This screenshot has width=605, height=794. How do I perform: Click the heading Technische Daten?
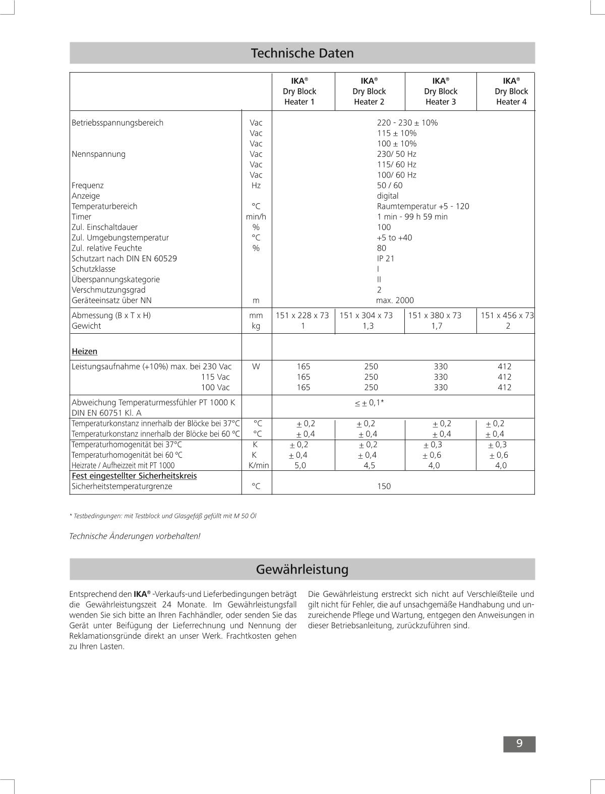(x=302, y=53)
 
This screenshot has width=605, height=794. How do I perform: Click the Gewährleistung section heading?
(x=302, y=569)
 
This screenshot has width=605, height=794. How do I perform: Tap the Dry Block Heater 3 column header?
(x=441, y=91)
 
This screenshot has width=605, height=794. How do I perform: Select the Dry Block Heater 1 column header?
(x=299, y=91)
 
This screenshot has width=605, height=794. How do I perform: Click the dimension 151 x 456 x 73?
(x=507, y=316)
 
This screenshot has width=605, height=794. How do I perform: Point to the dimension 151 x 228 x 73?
(x=302, y=316)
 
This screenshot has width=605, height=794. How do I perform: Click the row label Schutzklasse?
(x=93, y=269)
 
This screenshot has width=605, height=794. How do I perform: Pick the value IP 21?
(x=386, y=259)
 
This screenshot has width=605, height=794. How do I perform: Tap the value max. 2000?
(x=395, y=300)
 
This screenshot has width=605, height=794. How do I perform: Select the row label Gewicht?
(x=86, y=326)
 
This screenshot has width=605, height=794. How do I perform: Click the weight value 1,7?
(x=437, y=326)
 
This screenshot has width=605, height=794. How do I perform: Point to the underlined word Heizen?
(x=85, y=351)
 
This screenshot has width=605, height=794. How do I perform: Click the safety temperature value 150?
(x=384, y=486)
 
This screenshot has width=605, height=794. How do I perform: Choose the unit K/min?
(x=259, y=466)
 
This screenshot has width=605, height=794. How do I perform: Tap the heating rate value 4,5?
(x=370, y=466)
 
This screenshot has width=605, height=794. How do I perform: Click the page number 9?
(x=519, y=744)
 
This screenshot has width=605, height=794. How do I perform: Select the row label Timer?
(x=81, y=217)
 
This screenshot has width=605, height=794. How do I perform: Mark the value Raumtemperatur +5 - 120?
(x=423, y=206)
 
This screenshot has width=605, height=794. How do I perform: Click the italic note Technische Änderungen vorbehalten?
(x=135, y=536)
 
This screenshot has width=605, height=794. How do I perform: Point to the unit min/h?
(x=256, y=217)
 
